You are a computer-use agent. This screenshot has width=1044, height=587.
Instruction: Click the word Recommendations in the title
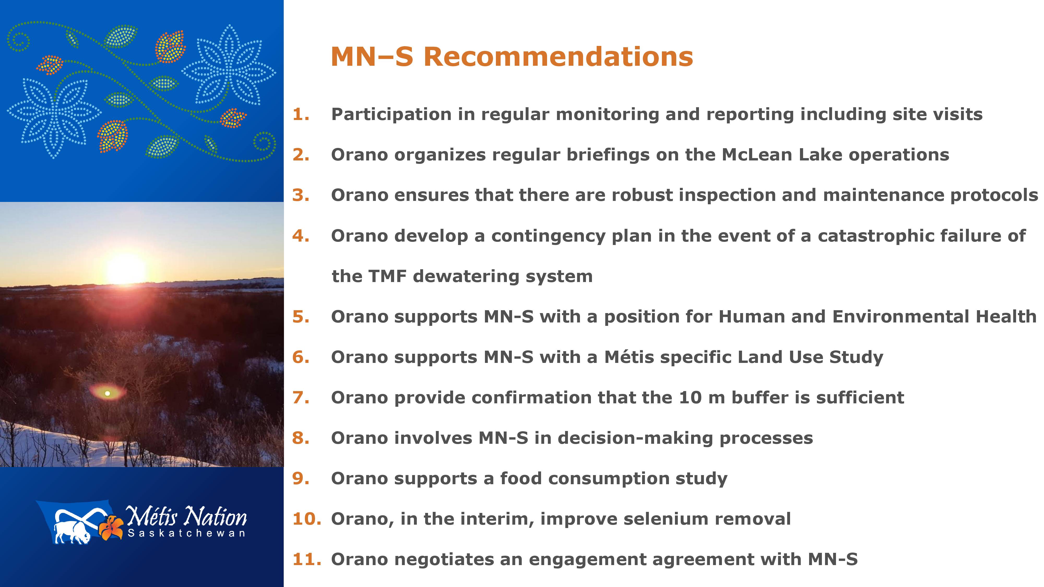(559, 56)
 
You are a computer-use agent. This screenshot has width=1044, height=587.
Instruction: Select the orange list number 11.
(307, 559)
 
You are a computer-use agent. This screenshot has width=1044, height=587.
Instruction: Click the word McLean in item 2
(757, 155)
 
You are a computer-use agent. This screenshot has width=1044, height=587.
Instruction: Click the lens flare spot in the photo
(107, 393)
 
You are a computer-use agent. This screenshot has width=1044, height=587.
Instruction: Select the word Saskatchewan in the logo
(186, 533)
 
